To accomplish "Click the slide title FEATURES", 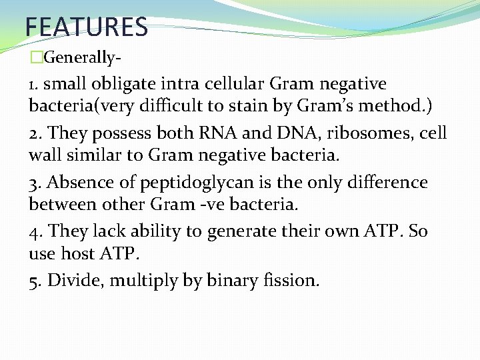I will click(86, 27).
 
